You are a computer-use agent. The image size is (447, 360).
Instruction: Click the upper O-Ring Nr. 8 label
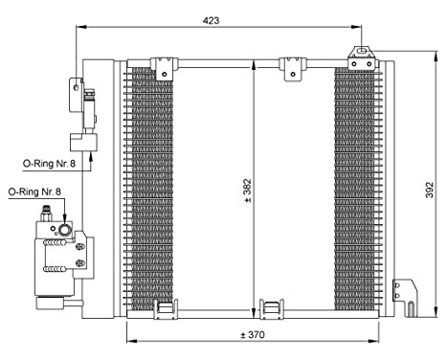pos(49,164)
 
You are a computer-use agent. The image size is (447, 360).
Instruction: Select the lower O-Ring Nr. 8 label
pos(34,192)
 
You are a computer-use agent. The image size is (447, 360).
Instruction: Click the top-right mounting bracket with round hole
pos(362,57)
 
